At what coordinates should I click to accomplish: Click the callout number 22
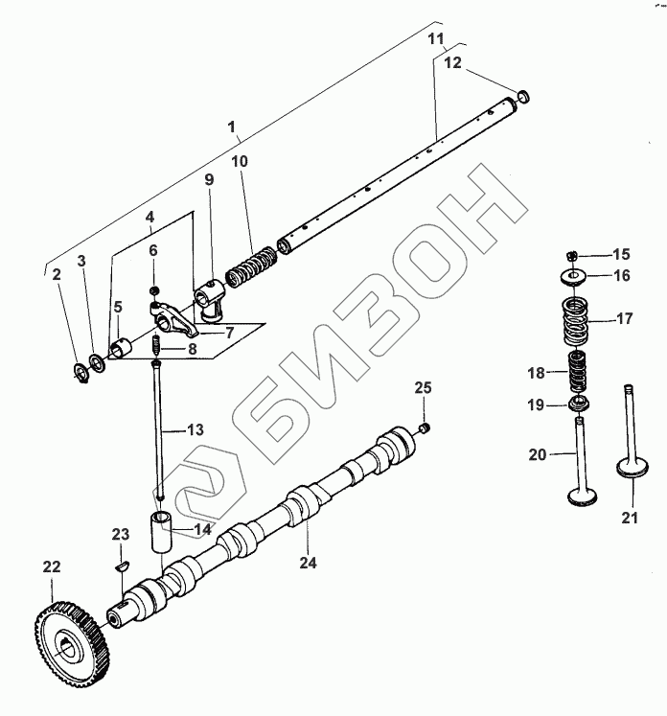(50, 566)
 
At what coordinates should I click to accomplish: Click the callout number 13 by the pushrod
(195, 430)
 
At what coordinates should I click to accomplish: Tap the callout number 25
(424, 387)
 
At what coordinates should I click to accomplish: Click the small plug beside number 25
(426, 426)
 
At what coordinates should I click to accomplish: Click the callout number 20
(537, 456)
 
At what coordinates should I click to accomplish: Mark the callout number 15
(621, 254)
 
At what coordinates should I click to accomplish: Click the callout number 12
(452, 62)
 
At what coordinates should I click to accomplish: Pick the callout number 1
(230, 127)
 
